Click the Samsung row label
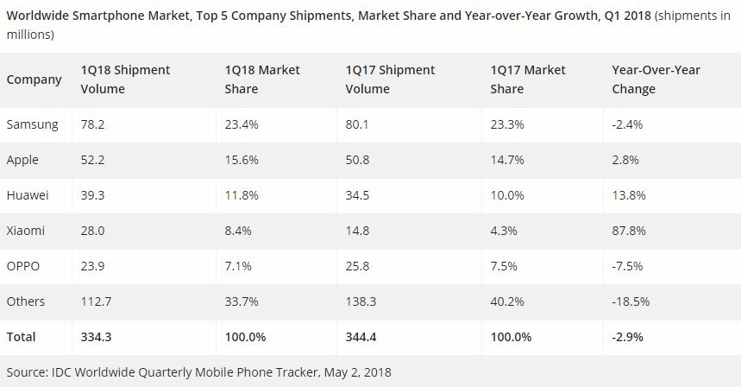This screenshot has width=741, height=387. (32, 124)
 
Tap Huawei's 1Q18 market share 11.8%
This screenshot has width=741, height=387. (233, 195)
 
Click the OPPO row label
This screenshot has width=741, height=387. (25, 266)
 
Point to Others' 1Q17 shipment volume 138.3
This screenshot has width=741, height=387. (361, 301)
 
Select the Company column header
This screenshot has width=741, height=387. (34, 79)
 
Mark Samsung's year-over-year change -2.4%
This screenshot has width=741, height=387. (627, 124)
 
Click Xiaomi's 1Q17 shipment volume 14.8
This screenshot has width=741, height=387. (357, 231)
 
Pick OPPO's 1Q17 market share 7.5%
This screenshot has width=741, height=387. (506, 266)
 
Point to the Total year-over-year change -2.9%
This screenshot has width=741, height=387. (628, 336)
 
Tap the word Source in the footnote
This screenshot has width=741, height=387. (27, 372)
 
